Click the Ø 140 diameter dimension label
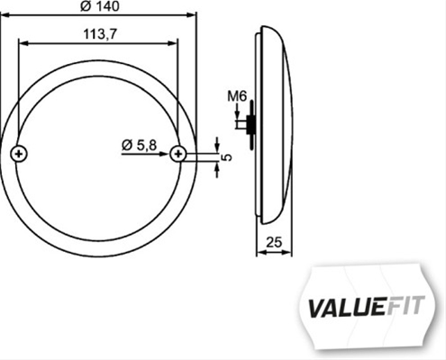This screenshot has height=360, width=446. [100, 6]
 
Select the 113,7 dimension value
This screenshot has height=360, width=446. [100, 34]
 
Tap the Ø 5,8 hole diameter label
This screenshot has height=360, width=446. [140, 146]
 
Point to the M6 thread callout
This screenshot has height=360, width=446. [237, 96]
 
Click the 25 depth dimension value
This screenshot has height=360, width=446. [274, 242]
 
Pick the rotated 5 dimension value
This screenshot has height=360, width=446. [228, 157]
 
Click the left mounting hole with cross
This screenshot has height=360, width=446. [19, 154]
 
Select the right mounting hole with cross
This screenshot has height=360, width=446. [178, 154]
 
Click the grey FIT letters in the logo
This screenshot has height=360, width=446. [405, 305]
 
